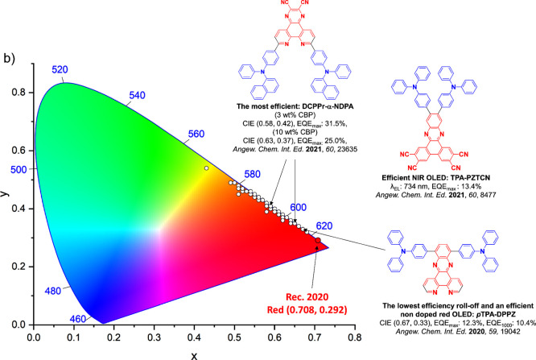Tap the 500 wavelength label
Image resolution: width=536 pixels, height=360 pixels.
pyautogui.click(x=11, y=169)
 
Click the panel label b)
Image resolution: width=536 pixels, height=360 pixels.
pyautogui.click(x=12, y=58)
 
